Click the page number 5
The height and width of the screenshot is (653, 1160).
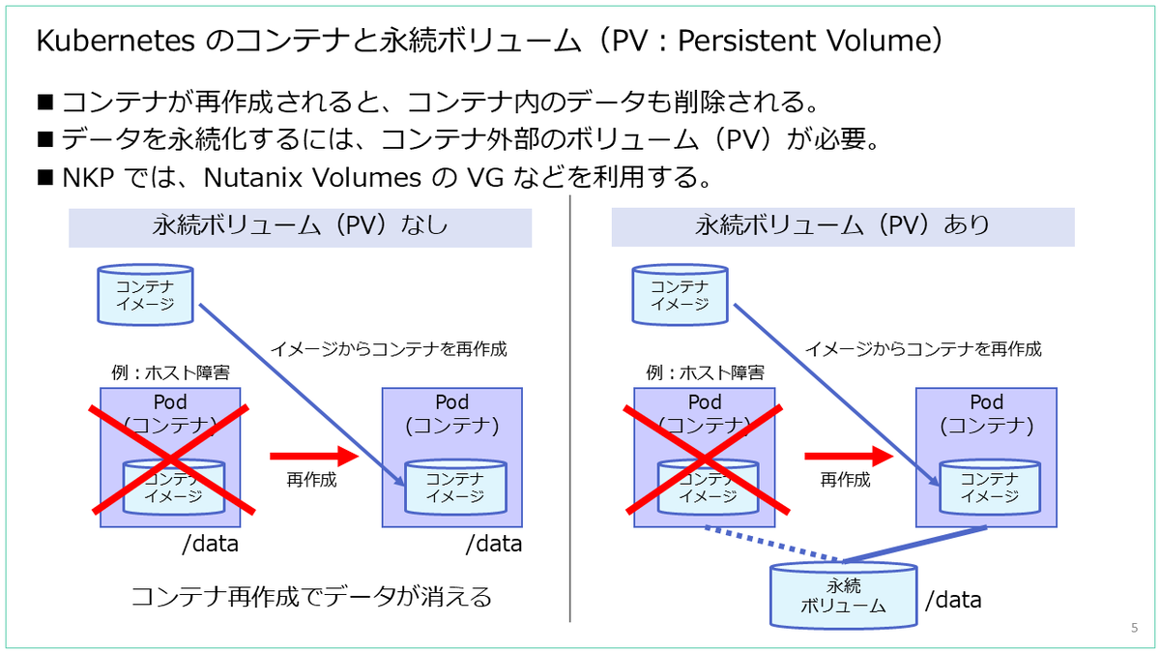1134,628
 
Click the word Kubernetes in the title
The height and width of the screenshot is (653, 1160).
115,41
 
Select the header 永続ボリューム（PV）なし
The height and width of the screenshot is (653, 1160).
300,227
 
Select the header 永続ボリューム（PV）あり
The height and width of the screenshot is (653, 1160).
843,226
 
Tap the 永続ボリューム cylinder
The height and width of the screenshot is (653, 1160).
843,596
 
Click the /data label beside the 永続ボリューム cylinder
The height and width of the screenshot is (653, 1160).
953,600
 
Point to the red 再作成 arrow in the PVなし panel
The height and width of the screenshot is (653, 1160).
314,456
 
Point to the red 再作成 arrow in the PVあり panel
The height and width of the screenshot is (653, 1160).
849,456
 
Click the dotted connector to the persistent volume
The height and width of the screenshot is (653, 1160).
771,544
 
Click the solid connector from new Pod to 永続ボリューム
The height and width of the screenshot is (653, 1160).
915,544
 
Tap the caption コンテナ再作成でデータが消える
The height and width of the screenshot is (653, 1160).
311,597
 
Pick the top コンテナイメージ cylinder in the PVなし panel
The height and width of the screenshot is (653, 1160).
146,295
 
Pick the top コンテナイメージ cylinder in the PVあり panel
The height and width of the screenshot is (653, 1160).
680,295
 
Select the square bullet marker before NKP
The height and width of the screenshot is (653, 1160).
45,177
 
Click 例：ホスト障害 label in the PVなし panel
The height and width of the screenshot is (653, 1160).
170,372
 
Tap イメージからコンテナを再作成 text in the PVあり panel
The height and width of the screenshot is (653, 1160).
923,349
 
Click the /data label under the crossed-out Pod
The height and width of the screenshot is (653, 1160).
211,544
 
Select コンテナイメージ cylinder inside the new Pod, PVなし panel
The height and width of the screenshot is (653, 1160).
455,488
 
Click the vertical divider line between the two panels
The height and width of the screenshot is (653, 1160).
569,408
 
